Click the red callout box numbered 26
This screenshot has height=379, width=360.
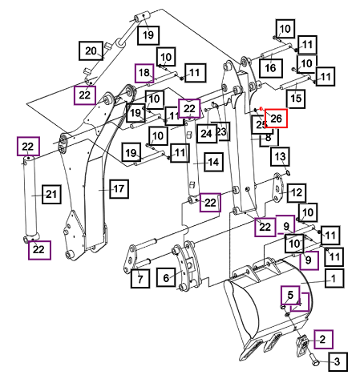click(x=276, y=118)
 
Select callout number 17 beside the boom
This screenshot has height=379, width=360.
click(x=119, y=189)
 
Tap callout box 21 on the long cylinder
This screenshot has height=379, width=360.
click(x=51, y=194)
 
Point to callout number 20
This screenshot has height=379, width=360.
click(x=91, y=50)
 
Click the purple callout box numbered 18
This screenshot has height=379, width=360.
click(x=144, y=73)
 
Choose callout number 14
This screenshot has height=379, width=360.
click(x=213, y=162)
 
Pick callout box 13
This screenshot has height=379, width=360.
click(x=280, y=156)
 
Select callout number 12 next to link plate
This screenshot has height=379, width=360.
click(x=297, y=192)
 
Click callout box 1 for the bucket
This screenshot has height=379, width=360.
click(x=334, y=278)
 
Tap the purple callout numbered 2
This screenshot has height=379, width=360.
click(x=323, y=339)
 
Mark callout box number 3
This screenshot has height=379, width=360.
click(x=338, y=361)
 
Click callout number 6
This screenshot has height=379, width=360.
click(x=166, y=277)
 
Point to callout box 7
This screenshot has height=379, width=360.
click(x=140, y=279)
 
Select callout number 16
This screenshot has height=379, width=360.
click(x=270, y=68)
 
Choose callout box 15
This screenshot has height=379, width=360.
click(x=296, y=98)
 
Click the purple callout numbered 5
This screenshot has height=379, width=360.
click(x=290, y=295)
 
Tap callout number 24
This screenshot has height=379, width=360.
click(x=206, y=133)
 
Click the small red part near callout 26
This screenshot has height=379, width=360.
click(x=261, y=109)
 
